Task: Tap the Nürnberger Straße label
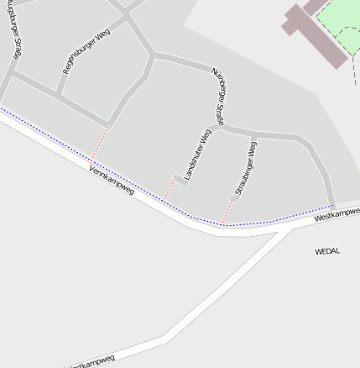click(217, 97)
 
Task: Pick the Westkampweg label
click(337, 214)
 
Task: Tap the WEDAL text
click(327, 251)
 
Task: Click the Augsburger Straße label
click(16, 34)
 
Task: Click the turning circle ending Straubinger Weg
click(233, 199)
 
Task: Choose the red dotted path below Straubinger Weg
click(227, 212)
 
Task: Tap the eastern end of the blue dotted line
click(333, 204)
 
